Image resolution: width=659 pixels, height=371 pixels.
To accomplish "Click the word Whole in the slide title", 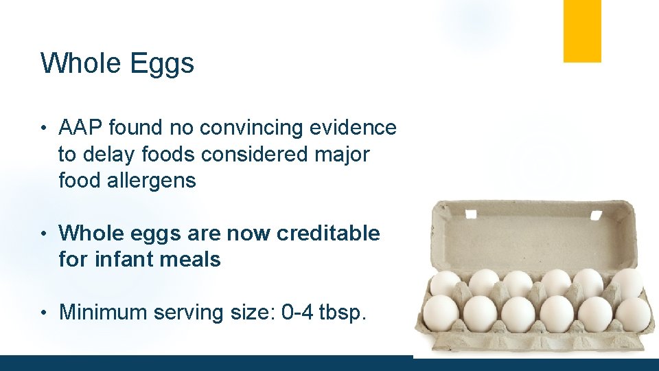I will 80,63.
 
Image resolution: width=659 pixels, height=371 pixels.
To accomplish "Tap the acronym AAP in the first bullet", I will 80,128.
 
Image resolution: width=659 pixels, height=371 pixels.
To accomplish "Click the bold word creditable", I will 327,234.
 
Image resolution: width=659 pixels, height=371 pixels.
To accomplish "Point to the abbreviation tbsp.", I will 343,313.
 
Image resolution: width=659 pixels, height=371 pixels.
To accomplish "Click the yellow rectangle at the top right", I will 582,31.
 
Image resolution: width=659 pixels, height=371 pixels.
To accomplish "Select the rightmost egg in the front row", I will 632,313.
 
